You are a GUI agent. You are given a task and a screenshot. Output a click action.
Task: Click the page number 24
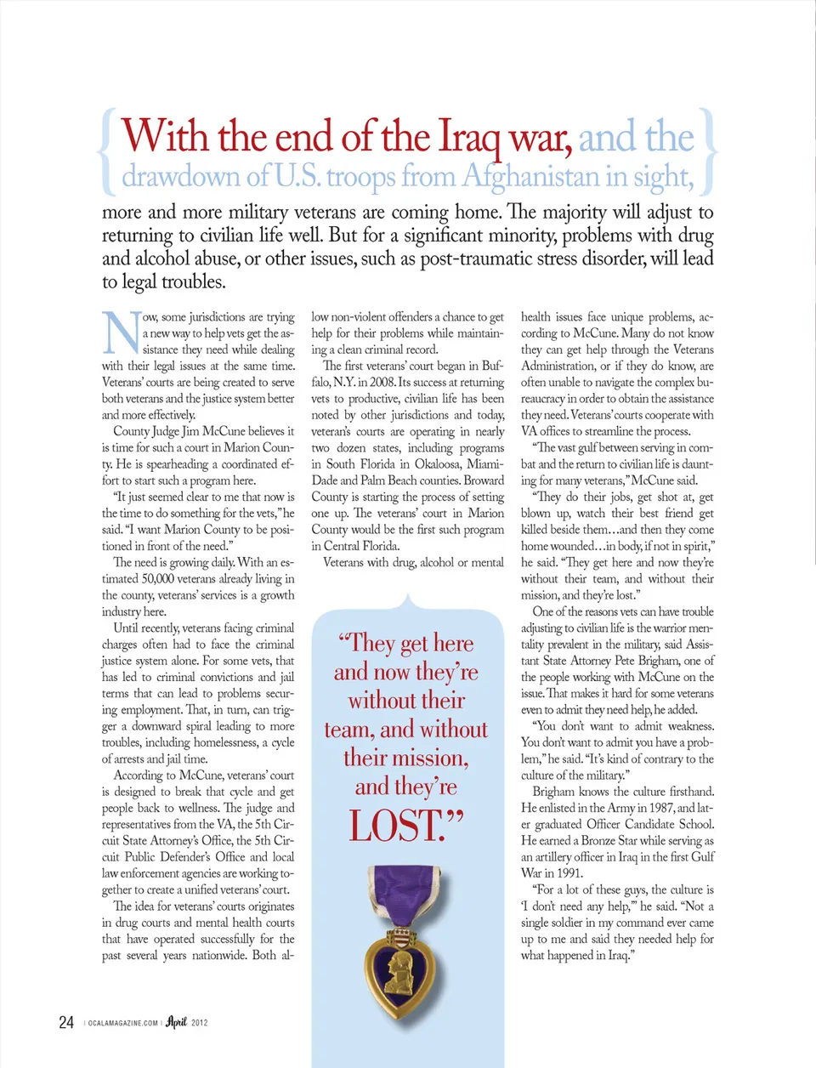click(66, 1022)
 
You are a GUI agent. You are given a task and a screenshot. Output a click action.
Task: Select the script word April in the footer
click(176, 1021)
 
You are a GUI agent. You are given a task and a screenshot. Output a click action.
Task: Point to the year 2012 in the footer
click(200, 1023)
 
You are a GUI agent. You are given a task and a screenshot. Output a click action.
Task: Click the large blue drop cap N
click(121, 332)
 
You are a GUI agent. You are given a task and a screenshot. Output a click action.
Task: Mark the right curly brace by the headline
click(710, 151)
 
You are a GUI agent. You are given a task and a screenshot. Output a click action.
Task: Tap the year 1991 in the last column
click(569, 873)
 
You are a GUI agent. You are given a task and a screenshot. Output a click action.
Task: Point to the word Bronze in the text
click(599, 840)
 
